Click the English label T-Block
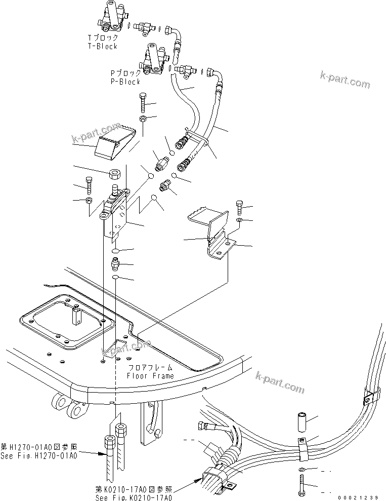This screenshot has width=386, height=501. point(102,46)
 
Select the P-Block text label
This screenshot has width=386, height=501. point(125,82)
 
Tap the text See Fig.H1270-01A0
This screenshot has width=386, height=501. point(39,456)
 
